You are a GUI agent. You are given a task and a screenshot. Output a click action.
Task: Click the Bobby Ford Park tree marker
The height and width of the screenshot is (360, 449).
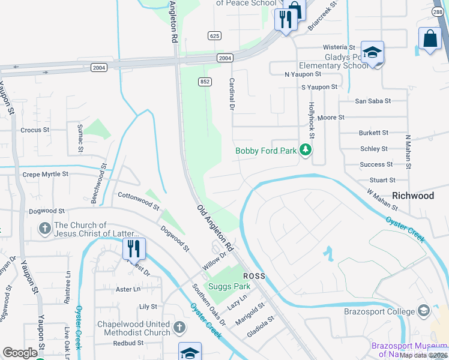pyautogui.click(x=306, y=149)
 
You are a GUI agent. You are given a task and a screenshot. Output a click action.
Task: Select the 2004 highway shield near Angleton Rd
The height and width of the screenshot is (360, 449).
pyautogui.click(x=224, y=58)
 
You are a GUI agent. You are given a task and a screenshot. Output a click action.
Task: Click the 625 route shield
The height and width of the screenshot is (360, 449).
pyautogui.click(x=214, y=36)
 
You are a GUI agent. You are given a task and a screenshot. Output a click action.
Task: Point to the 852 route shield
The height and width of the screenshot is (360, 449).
pyautogui.click(x=205, y=82)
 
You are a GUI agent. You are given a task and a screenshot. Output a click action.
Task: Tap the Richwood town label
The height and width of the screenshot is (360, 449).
pyautogui.click(x=412, y=196)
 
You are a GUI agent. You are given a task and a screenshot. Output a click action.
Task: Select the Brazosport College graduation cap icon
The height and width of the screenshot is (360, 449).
pyautogui.click(x=424, y=311)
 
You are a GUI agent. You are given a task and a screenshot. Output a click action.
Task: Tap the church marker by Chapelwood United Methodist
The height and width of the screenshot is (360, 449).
pyautogui.click(x=179, y=327)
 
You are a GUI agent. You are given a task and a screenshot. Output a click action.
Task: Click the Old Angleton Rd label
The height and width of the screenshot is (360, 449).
pyautogui.click(x=215, y=227)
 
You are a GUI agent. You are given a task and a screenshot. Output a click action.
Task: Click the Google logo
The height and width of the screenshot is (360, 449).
pyautogui.click(x=20, y=353)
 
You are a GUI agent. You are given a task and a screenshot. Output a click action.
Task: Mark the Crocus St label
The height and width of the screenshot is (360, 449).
pyautogui.click(x=34, y=130)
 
